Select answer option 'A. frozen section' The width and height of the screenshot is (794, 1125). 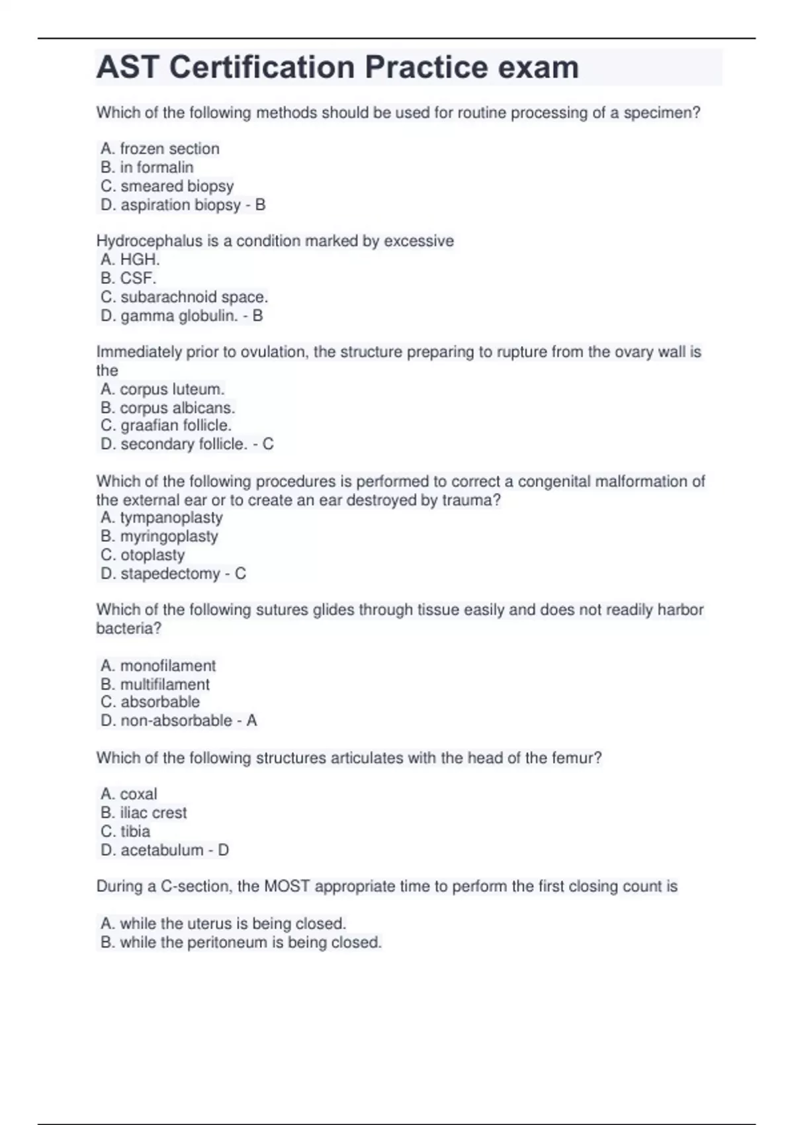(160, 149)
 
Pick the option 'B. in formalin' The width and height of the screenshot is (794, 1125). (147, 167)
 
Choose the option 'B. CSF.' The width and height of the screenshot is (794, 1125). (128, 279)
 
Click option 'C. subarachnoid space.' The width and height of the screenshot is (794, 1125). (184, 297)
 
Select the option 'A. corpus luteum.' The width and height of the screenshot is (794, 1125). (163, 389)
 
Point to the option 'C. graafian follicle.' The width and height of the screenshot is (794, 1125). (166, 426)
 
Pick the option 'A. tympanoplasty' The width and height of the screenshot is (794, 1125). (161, 517)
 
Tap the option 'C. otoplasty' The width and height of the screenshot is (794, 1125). (143, 555)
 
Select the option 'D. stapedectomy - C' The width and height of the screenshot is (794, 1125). (173, 574)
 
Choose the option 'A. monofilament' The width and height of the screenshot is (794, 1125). (158, 666)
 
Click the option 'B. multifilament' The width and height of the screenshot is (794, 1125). (155, 684)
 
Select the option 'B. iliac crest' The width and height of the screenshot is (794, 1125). (144, 813)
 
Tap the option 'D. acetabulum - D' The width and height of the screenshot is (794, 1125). (165, 850)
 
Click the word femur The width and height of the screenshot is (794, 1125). (576, 758)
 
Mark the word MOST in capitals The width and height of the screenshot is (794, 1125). (287, 887)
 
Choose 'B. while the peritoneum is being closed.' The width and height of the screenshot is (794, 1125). (241, 942)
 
